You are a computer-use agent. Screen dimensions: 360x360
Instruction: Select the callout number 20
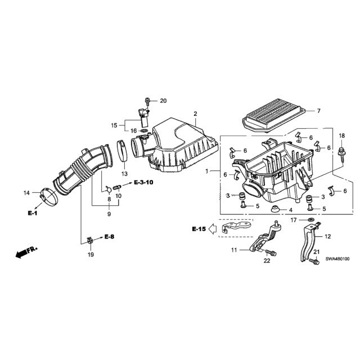[163, 101]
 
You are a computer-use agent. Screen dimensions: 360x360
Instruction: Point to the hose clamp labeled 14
[49, 197]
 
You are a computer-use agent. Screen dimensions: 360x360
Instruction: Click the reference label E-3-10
[143, 182]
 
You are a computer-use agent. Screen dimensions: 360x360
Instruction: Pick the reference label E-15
[199, 229]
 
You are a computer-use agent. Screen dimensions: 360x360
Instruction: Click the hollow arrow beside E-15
[213, 229]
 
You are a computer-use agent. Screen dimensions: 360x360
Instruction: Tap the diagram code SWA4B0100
[337, 259]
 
